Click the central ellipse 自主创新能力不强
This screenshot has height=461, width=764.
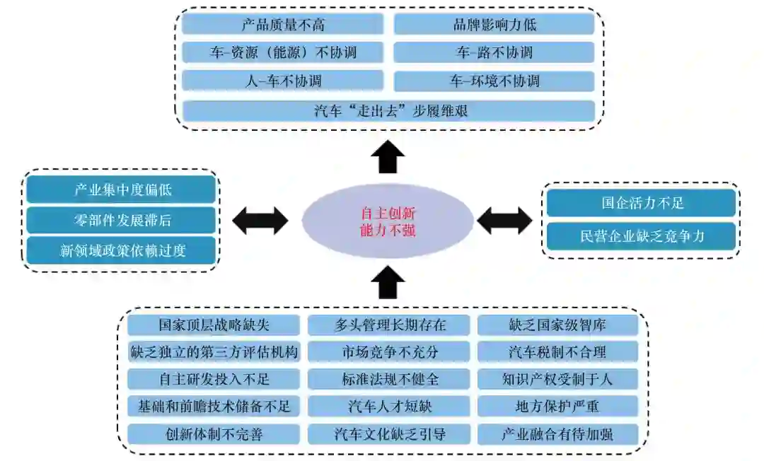(388, 221)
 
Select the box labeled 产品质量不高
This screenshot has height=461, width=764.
(283, 25)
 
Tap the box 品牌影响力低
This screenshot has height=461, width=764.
(494, 25)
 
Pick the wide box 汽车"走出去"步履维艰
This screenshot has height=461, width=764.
(388, 111)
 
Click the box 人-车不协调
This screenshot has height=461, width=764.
(283, 81)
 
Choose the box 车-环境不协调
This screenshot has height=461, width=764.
(494, 81)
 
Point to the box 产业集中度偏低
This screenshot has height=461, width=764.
(120, 189)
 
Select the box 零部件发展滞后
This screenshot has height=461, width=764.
(120, 220)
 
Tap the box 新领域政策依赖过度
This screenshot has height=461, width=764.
(120, 250)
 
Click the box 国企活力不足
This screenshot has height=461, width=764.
(641, 204)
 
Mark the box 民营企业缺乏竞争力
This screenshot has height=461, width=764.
(641, 236)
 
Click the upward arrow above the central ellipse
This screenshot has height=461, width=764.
(388, 157)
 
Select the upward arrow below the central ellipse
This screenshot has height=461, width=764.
(388, 283)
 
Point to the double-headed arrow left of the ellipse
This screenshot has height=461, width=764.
(260, 221)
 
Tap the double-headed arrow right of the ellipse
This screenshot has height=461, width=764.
(504, 221)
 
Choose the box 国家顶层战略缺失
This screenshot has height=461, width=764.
(214, 325)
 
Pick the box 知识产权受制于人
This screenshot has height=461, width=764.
(557, 379)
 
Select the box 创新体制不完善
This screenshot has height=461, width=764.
(214, 433)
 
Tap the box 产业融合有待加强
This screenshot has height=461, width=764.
(557, 433)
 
